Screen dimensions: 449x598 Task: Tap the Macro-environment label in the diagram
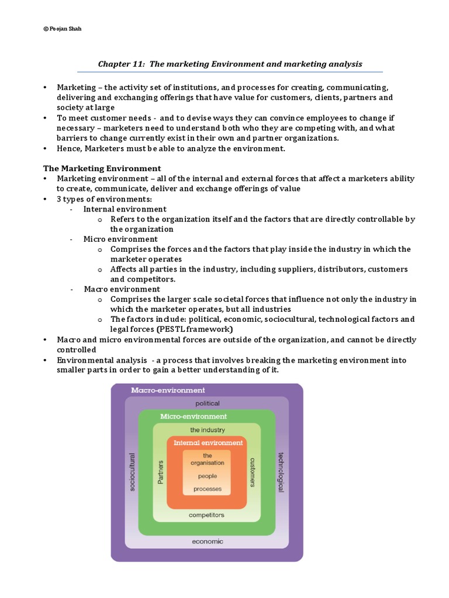[168, 390]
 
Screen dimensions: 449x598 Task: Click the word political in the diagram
[207, 404]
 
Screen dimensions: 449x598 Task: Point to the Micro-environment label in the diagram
[194, 416]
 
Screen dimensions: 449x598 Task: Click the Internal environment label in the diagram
[208, 443]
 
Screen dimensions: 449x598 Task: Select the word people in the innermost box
[207, 477]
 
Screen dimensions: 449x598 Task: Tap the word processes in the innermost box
[207, 489]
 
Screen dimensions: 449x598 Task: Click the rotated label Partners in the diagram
[161, 472]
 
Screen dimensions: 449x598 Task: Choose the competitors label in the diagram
[206, 515]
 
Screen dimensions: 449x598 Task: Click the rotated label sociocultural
[132, 472]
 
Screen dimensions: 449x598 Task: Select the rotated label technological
[281, 472]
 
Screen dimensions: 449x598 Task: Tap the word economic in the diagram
[207, 541]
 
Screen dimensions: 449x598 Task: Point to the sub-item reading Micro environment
[120, 239]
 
